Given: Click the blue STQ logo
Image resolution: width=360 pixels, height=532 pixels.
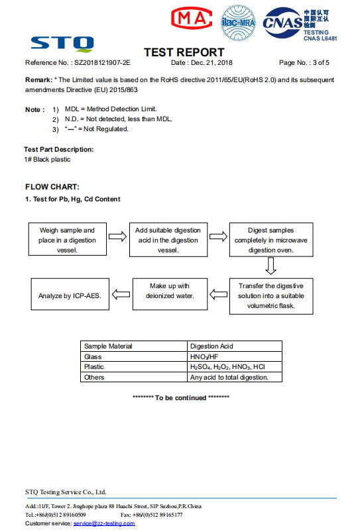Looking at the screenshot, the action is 62,44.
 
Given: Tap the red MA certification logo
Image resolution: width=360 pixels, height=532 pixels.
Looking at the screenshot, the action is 192,18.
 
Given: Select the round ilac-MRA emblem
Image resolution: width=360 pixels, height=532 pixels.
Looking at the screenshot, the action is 238,23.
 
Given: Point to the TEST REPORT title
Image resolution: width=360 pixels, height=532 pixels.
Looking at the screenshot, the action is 184,52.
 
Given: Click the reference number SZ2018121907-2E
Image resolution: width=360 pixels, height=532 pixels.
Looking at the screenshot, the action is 102,63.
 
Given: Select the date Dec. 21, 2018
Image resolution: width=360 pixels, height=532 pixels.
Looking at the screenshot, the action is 211,63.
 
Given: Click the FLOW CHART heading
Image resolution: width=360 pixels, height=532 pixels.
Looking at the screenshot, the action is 52,187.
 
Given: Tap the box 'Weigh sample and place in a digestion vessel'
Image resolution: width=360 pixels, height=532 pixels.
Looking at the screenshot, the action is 68,239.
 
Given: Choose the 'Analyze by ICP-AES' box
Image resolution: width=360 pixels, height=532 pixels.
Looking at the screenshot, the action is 70,294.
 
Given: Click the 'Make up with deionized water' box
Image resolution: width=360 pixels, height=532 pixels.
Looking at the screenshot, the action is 170,294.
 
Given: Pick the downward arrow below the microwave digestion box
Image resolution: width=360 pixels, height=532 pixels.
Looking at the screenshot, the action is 270,266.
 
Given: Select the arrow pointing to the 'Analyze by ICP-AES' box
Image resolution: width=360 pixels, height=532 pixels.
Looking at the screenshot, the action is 121,294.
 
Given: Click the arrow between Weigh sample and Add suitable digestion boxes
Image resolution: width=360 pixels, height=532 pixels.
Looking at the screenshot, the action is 117,237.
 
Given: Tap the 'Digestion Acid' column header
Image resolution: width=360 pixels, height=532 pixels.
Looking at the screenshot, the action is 211,346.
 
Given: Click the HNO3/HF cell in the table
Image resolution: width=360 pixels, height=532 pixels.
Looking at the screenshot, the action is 204,357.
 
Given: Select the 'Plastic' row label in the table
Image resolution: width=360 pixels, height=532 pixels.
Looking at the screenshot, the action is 93,367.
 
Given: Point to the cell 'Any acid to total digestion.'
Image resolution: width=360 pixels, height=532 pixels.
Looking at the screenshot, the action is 229,377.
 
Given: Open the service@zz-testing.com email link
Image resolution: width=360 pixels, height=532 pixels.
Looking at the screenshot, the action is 104,523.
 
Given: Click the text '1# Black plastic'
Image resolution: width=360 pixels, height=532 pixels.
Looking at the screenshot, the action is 47,160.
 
